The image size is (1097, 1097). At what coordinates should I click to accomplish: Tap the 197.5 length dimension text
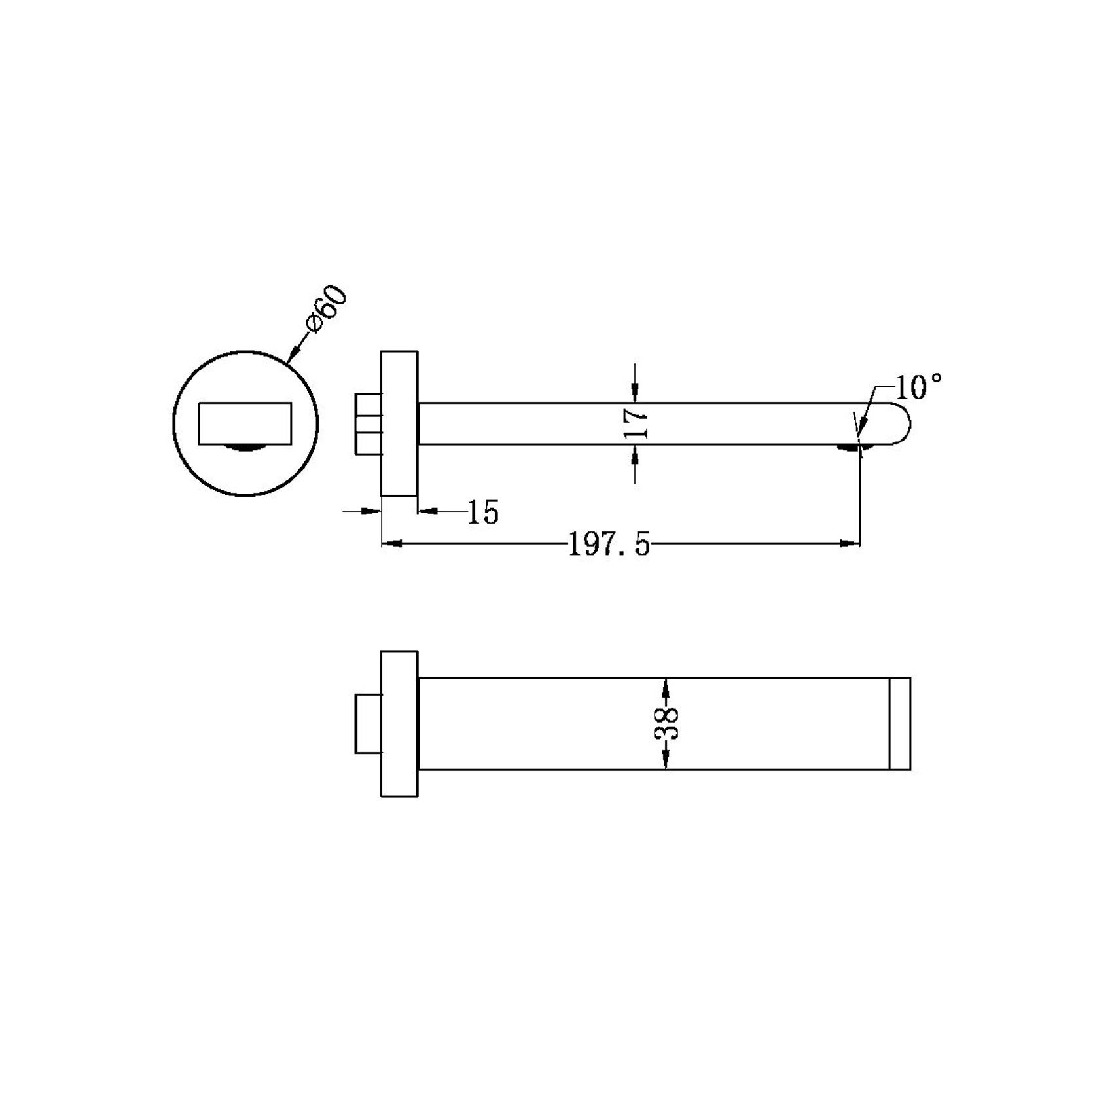pos(609,545)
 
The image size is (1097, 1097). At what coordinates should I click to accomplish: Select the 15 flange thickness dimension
pos(484,513)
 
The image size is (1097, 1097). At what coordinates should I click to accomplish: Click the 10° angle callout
pos(918,388)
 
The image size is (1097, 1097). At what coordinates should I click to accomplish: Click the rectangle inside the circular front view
pos(245,423)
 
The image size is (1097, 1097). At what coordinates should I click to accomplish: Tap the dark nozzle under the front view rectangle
pos(245,448)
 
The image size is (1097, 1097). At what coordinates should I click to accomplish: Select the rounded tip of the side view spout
pos(898,423)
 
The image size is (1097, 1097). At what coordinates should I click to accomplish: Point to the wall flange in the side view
pos(399,423)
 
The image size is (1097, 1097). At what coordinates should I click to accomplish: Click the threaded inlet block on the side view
pos(368,423)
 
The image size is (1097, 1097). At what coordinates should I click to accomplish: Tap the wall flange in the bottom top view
pos(399,723)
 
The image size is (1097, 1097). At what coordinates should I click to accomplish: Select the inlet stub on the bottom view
pos(368,723)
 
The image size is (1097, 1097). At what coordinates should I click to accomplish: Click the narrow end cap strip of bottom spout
pos(900,723)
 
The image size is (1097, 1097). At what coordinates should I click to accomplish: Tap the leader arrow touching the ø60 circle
pos(293,353)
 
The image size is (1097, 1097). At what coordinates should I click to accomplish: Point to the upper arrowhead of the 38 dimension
pos(666,687)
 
